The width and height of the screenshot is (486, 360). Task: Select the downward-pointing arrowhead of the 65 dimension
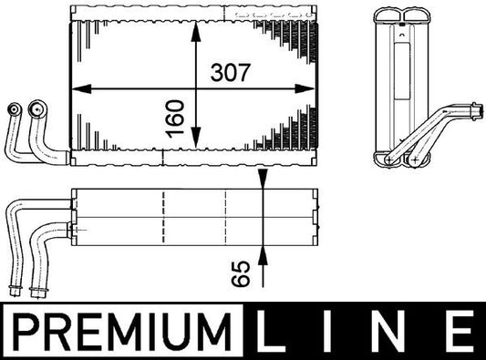tap(263, 181)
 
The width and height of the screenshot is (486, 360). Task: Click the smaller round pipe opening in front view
tap(14, 108)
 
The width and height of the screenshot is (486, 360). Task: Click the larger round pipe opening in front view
tap(36, 108)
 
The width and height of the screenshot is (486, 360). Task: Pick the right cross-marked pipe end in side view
tap(415, 159)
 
